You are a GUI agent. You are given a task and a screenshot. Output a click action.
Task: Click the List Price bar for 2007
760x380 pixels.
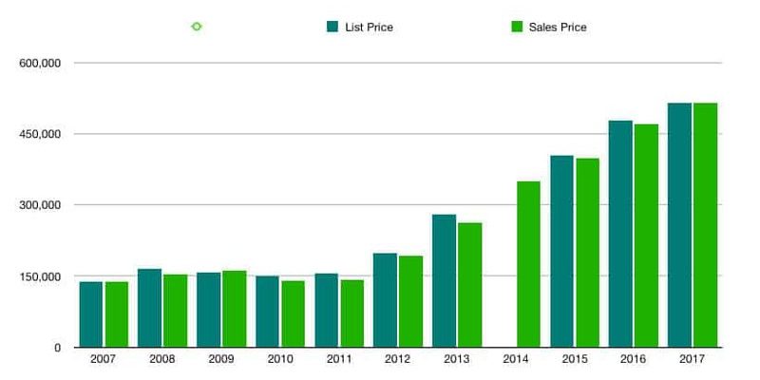(x=91, y=314)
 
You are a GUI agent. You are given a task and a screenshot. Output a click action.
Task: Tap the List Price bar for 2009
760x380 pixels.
(x=209, y=310)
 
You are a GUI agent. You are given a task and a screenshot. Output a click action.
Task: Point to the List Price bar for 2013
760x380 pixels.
(x=445, y=280)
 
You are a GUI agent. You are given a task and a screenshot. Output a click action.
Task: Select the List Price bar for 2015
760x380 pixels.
(x=561, y=251)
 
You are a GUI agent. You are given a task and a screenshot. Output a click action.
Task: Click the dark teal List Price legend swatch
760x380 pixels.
(x=332, y=27)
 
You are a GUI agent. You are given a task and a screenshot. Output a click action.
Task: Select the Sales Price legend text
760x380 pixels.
(x=560, y=28)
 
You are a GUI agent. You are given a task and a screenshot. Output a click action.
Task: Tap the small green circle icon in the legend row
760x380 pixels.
(x=197, y=27)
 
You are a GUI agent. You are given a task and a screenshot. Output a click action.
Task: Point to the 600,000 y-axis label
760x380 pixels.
(x=41, y=64)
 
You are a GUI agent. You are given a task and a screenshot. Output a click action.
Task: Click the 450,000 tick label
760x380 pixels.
(x=41, y=134)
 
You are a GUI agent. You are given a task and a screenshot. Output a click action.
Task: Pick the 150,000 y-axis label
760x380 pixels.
(x=41, y=276)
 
